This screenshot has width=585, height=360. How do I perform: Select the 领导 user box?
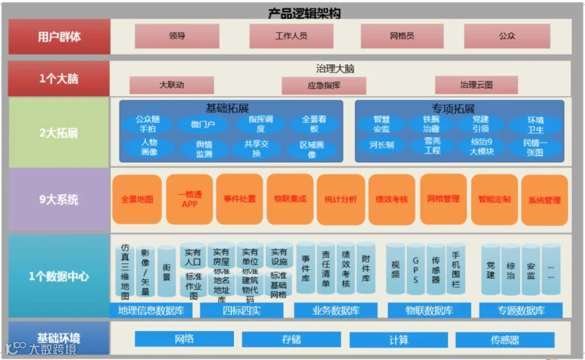coord(177,36)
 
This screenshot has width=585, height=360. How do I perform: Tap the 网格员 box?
coord(402,36)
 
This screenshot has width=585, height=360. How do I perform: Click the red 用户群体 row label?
coord(59,36)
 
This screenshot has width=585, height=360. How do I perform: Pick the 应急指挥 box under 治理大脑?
coord(324,85)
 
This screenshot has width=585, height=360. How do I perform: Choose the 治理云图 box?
coord(476,84)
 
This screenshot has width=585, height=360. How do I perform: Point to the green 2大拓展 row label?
coord(59,133)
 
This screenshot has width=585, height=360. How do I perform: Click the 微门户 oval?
coord(203,124)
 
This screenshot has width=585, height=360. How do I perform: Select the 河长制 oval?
coord(382,146)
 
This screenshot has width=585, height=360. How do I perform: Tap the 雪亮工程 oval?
coord(432,146)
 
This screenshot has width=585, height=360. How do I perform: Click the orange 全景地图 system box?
coord(137,199)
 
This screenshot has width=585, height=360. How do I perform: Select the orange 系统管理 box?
coord(544,200)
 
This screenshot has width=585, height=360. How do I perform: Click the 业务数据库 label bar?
coord(336,311)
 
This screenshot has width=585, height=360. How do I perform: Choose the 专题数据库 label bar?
coord(521,311)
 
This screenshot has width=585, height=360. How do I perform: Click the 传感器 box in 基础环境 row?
coord(505,339)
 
